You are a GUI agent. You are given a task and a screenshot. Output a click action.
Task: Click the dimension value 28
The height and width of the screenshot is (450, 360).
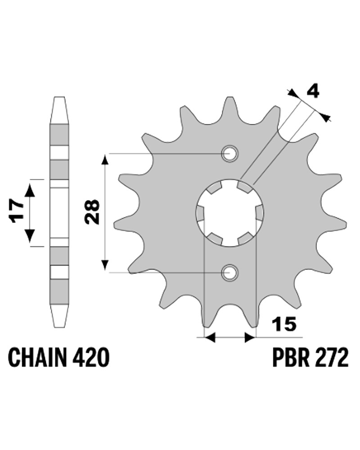tap(92, 212)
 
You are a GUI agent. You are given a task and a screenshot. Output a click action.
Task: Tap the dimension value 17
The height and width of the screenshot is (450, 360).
tap(16, 211)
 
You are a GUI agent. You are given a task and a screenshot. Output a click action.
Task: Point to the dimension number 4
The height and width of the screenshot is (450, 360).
tap(313, 92)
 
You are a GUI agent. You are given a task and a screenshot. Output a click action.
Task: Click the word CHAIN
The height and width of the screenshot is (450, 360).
tap(37, 357)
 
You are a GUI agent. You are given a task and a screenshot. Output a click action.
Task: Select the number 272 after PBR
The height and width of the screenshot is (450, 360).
tap(331, 357)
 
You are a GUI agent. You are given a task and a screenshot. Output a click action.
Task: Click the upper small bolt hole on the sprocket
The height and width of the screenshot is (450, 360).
tap(229, 153)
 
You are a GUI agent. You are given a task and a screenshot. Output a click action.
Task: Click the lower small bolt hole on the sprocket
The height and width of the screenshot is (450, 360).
tap(229, 273)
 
